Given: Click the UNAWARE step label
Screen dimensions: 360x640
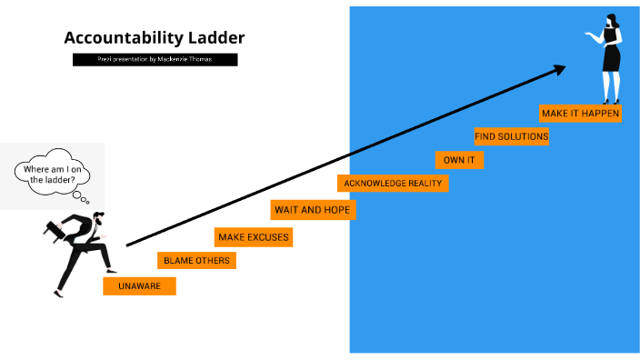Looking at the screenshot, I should [139, 285].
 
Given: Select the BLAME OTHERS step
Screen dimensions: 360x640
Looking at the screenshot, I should [195, 261].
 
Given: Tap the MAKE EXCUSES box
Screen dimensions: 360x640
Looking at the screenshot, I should [253, 237].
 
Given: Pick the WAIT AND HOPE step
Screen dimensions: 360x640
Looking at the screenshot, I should [312, 210].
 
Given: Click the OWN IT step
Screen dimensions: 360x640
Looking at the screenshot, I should [458, 160].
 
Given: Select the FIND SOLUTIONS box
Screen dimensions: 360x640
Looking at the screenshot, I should [511, 136].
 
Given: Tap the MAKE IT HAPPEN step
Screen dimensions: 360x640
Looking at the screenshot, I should [580, 114].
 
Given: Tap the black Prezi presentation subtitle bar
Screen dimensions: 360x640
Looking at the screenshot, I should [155, 59].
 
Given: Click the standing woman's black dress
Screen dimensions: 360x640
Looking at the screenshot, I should [611, 56].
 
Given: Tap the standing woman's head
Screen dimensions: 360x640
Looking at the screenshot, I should [607, 20].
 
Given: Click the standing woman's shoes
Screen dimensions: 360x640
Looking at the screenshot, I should [611, 101].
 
